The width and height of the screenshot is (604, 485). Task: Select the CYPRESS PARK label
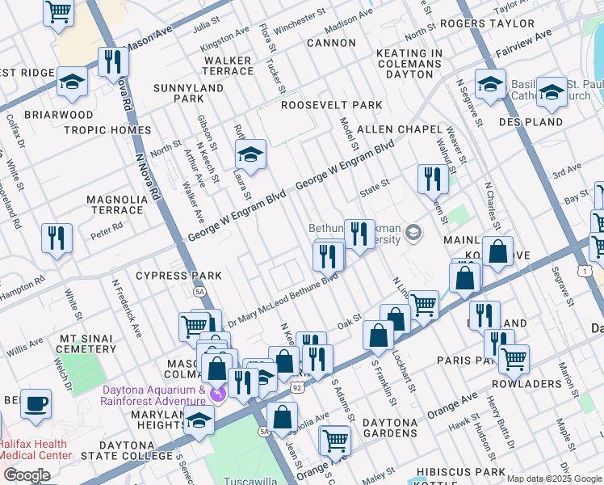point(178,276)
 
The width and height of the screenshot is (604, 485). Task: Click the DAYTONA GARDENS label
point(401,423)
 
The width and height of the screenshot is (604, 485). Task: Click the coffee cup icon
point(35,403)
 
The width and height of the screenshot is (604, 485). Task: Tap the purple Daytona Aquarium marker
point(216,394)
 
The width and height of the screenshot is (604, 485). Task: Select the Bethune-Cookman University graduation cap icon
point(413,234)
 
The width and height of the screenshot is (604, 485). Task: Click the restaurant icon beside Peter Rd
point(56,238)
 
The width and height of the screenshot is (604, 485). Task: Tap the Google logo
point(27,474)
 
